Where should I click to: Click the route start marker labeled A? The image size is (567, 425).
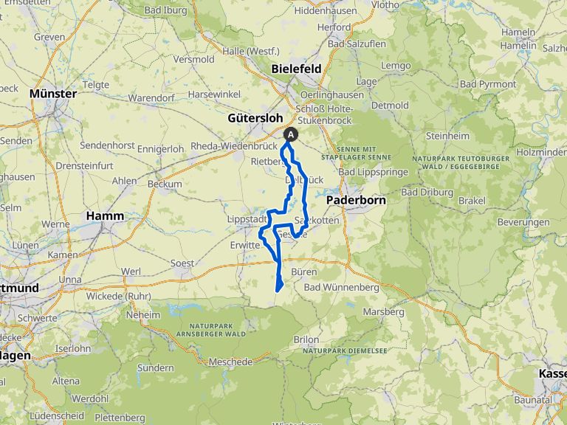tap(292, 134)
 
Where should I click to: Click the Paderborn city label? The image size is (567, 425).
tap(352, 199)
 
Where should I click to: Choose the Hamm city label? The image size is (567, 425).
tap(104, 215)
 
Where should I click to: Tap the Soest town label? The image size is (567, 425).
tap(182, 263)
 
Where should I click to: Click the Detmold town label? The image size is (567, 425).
tap(391, 106)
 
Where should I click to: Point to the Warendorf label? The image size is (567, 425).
tap(151, 97)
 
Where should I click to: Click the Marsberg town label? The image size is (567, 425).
tap(384, 312)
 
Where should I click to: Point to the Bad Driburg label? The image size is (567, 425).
tap(420, 192)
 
